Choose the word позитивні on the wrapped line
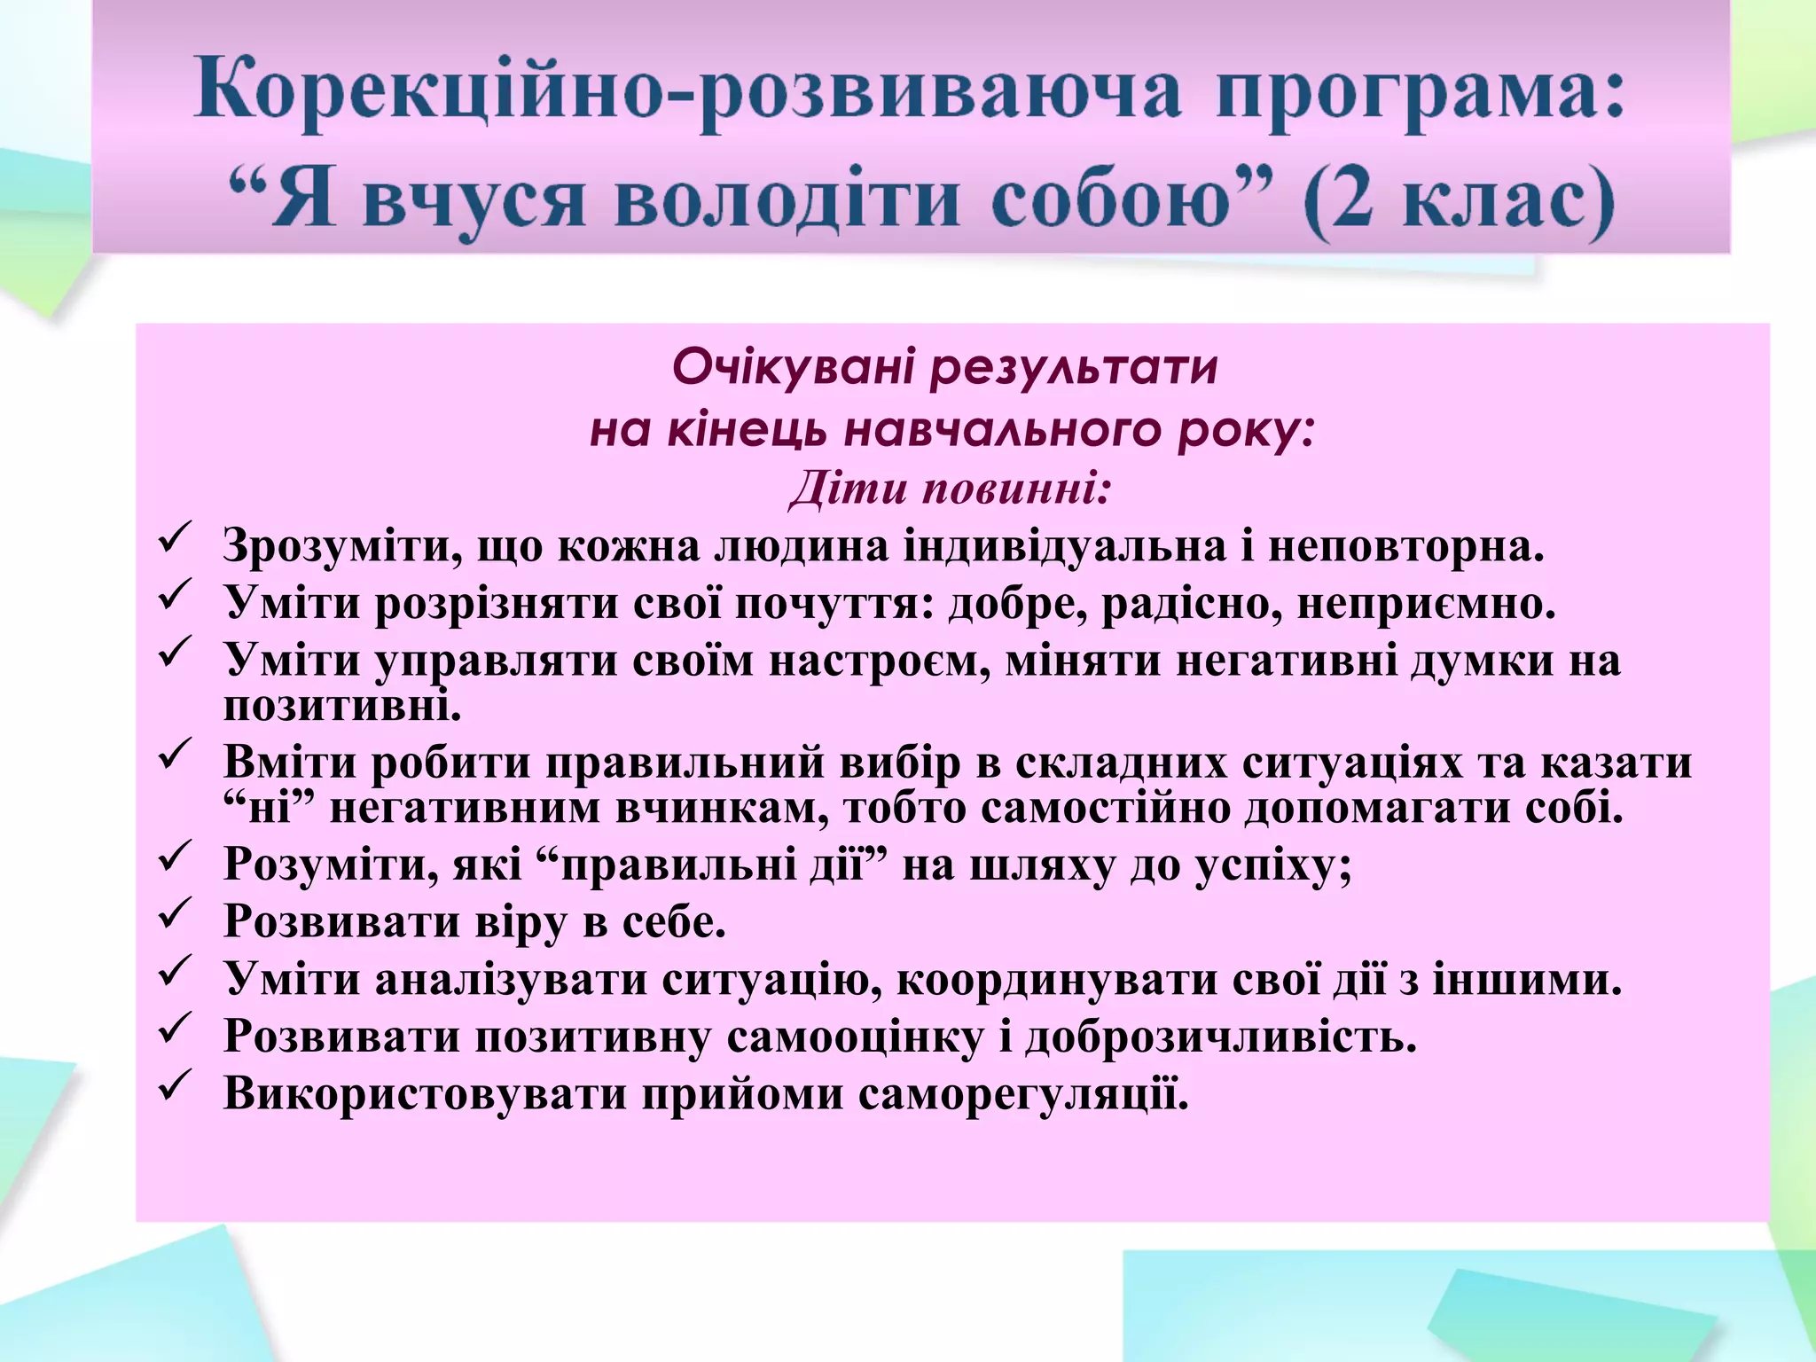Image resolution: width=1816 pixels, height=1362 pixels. pos(341,707)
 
